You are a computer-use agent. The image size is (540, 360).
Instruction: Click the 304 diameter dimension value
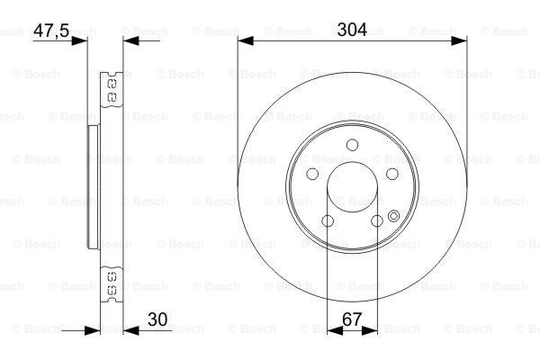(352, 29)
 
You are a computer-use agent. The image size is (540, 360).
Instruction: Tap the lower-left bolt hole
(328, 220)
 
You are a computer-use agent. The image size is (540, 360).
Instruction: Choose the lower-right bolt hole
(376, 220)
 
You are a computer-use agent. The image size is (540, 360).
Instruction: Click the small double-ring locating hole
(394, 214)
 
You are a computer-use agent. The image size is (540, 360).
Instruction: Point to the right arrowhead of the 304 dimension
(460, 40)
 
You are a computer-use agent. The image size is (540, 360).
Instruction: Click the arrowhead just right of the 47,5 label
(93, 40)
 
